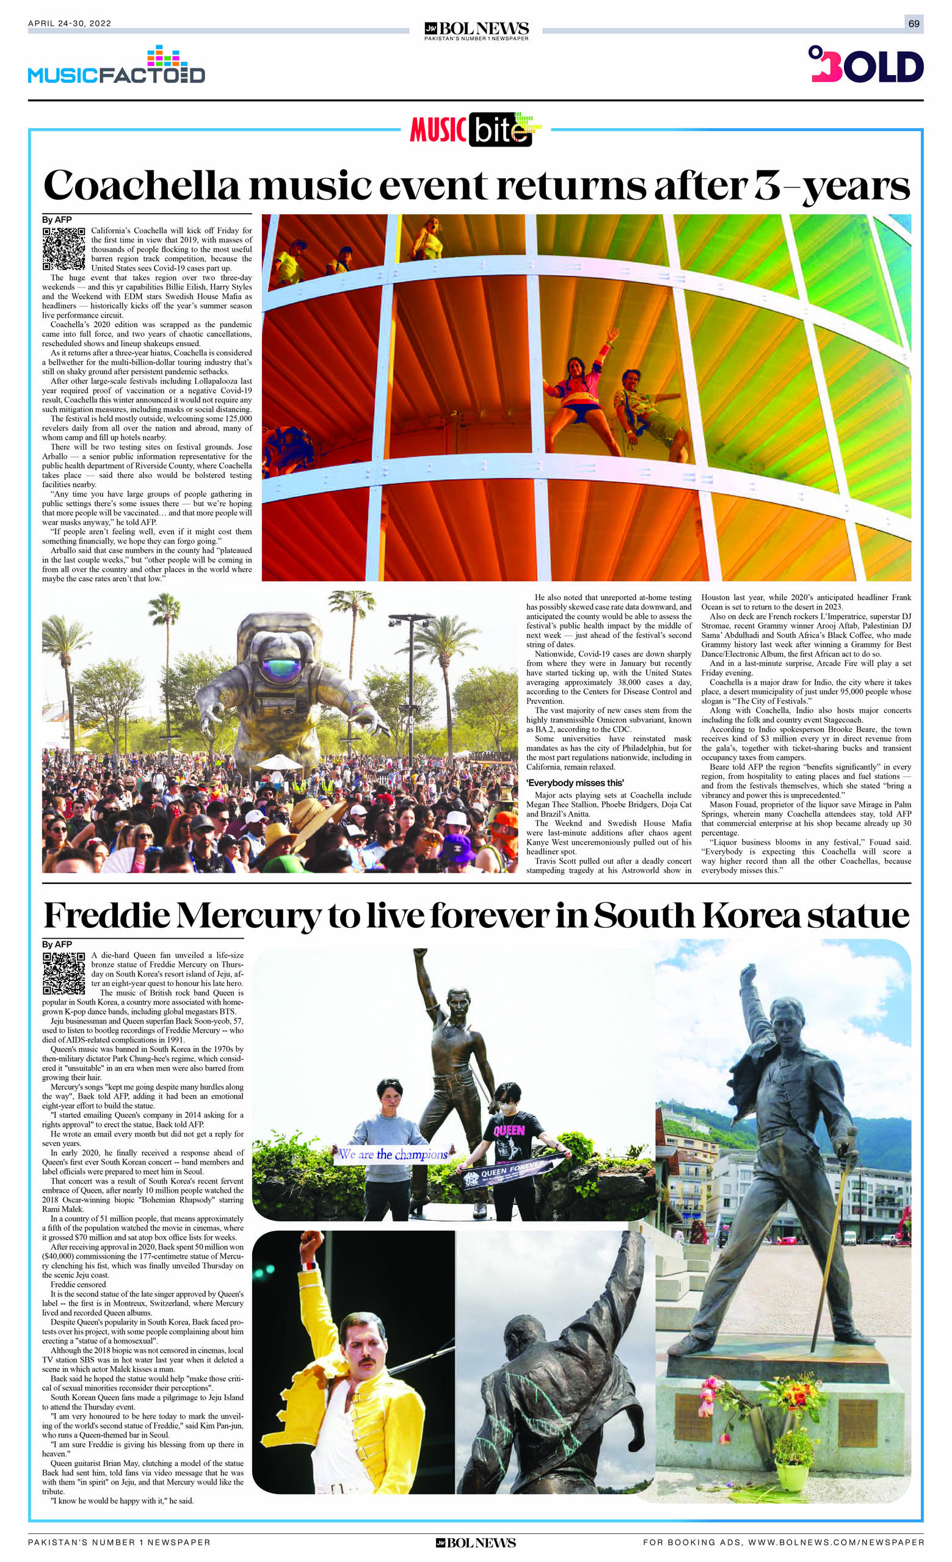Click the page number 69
pos(914,24)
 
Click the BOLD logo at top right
pos(866,65)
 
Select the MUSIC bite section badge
pos(475,129)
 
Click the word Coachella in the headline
pos(142,186)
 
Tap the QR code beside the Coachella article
pos(64,248)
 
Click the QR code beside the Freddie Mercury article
pos(64,973)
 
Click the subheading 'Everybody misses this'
pos(575,783)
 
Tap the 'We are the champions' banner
pos(393,1154)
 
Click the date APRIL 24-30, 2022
pos(70,24)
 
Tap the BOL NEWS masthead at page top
pos(476,29)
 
